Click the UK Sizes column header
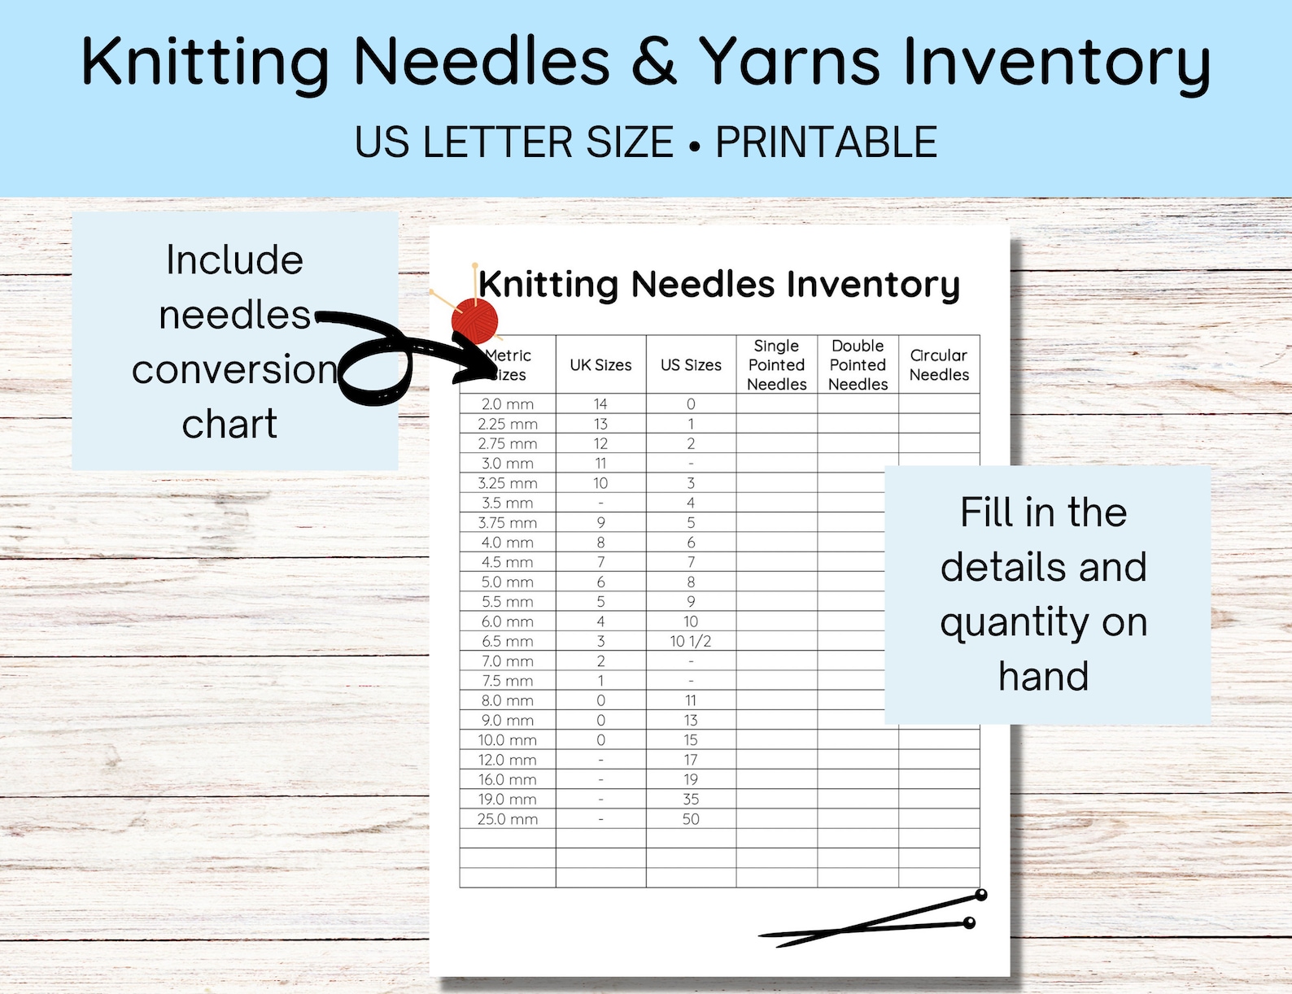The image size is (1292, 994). tap(600, 365)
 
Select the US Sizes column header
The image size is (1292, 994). tap(691, 365)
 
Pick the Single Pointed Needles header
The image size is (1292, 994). tap(776, 365)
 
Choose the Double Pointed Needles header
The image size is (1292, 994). tap(858, 365)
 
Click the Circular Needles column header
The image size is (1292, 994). tap(939, 365)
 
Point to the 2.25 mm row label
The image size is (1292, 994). tap(507, 424)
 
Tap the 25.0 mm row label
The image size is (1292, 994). tap(507, 819)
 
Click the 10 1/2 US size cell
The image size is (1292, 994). tap(691, 641)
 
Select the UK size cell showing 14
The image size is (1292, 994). tap(600, 404)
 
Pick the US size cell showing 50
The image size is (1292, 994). tap(691, 819)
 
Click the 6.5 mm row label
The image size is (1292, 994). tap(507, 641)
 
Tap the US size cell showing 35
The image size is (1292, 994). tap(691, 800)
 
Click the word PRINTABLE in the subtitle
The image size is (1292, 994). tap(826, 142)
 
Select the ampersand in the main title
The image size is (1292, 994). tap(653, 62)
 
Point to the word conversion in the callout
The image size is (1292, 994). tap(234, 369)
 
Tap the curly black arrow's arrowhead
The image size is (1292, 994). tap(480, 366)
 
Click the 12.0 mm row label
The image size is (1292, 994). tap(507, 760)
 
